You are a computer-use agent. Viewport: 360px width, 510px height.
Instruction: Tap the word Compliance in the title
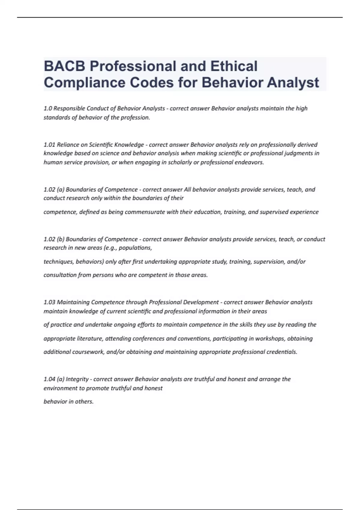pyautogui.click(x=84, y=82)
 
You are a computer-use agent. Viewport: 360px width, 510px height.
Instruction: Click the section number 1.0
pyautogui.click(x=47, y=108)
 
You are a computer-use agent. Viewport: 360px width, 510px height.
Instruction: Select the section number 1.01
pyautogui.click(x=49, y=145)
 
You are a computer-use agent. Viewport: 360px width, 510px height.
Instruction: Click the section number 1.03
pyautogui.click(x=49, y=302)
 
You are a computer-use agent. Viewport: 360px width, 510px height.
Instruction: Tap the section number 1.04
pyautogui.click(x=49, y=379)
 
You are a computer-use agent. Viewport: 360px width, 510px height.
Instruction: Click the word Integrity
pyautogui.click(x=77, y=379)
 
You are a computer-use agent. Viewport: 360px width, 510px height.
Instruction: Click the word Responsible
pyautogui.click(x=68, y=108)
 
